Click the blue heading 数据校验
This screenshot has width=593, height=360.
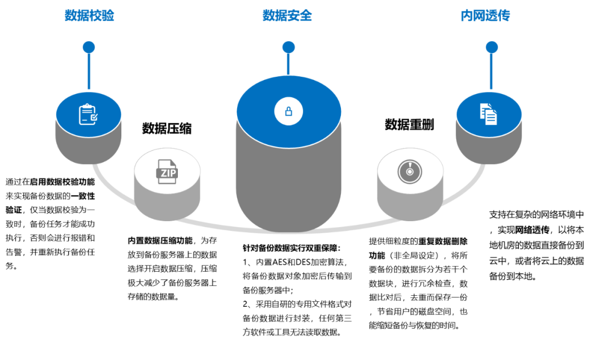(x=89, y=15)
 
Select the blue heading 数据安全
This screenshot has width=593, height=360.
(x=287, y=15)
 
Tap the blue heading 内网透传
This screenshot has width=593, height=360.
(x=485, y=15)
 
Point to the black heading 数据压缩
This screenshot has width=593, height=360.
(x=167, y=128)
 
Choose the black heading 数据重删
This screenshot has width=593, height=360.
(x=409, y=125)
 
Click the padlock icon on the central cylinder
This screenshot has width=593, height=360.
(x=289, y=111)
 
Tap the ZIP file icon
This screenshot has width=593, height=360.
(x=167, y=172)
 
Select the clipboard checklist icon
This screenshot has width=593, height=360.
(x=88, y=114)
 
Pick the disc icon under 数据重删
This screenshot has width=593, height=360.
(x=410, y=172)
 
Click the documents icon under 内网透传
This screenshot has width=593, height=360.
(x=489, y=114)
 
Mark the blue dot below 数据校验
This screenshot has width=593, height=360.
(x=89, y=47)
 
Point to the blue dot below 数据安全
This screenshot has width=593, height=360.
(x=289, y=47)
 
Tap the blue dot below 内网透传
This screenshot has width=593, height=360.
(x=491, y=47)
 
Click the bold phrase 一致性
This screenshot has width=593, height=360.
(x=83, y=196)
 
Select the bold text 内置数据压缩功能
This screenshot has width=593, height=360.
(x=160, y=240)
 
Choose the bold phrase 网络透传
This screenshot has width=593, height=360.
(x=532, y=230)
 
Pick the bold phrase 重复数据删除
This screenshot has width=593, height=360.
(x=443, y=241)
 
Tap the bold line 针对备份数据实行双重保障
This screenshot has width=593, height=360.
(x=292, y=248)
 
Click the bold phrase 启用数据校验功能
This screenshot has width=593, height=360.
(x=63, y=182)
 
